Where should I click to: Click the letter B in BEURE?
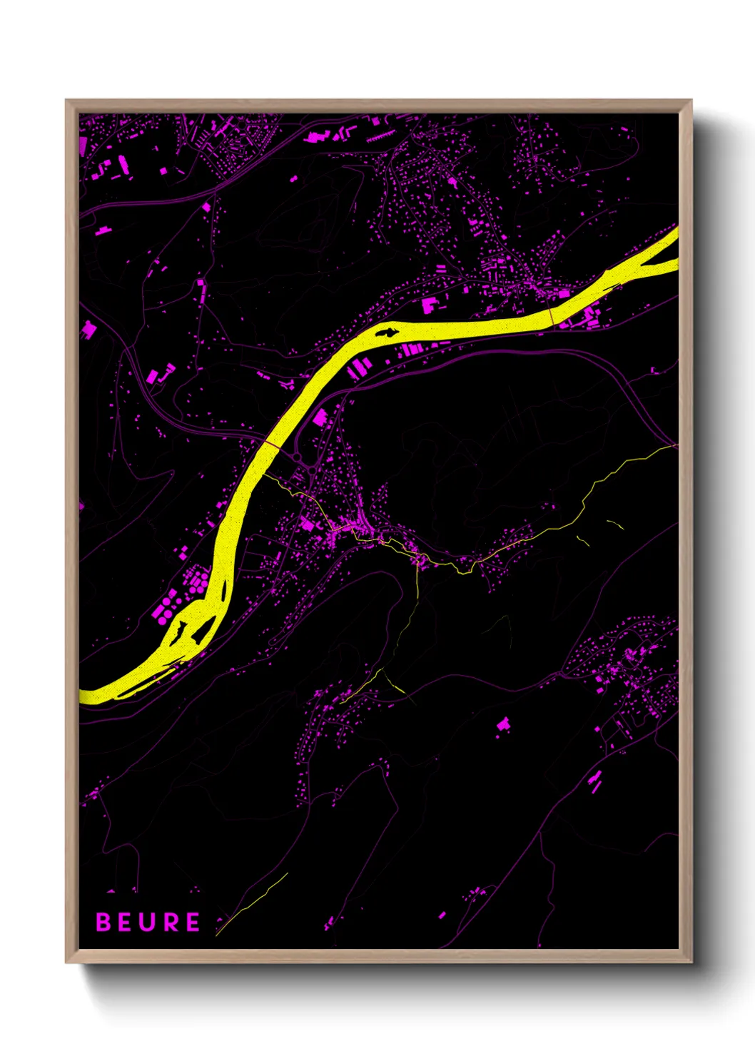pyautogui.click(x=103, y=922)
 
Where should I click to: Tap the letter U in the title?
pyautogui.click(x=148, y=922)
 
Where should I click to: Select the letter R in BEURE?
pyautogui.click(x=170, y=922)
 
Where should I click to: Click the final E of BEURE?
pyautogui.click(x=192, y=922)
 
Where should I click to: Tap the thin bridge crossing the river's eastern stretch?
pyautogui.click(x=551, y=315)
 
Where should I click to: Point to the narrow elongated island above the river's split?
pyautogui.click(x=225, y=592)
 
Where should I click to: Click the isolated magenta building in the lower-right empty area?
pyautogui.click(x=504, y=724)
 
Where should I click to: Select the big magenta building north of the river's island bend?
pyautogui.click(x=429, y=305)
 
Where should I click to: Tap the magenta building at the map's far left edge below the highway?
pyautogui.click(x=88, y=330)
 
